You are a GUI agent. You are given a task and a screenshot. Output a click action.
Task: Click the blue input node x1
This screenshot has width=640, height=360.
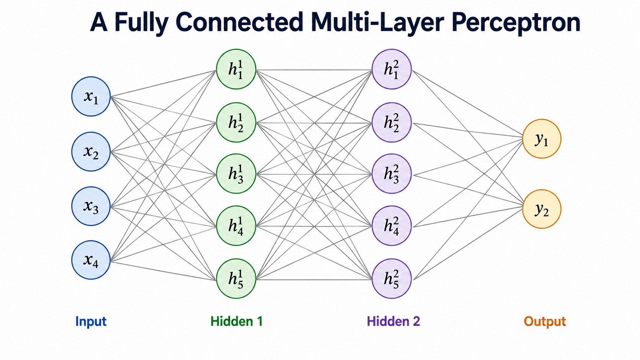pos(91,96)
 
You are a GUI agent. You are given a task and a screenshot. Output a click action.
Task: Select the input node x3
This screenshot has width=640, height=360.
pos(91,206)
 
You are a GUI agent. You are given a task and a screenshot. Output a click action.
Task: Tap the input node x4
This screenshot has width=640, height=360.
pos(91,260)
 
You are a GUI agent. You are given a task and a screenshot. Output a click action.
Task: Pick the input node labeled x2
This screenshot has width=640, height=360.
pos(91,151)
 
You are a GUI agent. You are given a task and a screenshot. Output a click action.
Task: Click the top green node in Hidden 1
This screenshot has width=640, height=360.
pos(236,69)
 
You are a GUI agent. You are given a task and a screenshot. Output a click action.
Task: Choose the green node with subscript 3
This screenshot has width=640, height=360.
pos(236,174)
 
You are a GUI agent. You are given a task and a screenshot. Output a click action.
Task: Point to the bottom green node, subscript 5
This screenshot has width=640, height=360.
pos(236,279)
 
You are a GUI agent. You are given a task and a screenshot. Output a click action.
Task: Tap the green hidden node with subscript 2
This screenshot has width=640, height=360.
pos(236,122)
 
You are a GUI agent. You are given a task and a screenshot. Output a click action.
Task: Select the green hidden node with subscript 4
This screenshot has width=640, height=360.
pos(236,226)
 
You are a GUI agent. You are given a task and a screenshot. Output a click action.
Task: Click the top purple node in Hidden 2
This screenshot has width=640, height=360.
pos(392,69)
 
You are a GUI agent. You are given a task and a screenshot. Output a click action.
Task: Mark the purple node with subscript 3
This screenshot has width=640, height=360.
pos(392,174)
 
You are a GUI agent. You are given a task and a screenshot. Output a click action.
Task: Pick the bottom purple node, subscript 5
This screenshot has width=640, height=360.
pos(392,279)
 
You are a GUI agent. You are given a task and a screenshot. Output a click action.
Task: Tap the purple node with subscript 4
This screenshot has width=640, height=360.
pos(392,226)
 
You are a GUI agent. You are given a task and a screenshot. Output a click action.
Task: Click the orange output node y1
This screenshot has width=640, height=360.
pos(542,139)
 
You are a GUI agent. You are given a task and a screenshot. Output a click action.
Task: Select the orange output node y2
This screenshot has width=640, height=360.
pos(542,209)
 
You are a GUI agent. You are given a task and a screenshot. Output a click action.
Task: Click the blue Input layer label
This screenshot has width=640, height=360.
pos(91,322)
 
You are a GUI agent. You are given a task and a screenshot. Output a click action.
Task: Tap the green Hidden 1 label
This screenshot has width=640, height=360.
pos(237,321)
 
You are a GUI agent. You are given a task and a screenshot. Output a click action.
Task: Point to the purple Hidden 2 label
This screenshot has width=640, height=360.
pos(393,321)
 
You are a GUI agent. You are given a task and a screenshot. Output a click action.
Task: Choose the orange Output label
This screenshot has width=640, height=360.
pos(545,322)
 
